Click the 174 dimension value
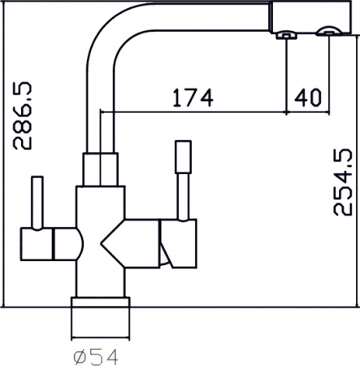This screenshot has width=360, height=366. click(193, 98)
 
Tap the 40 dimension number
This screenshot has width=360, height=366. click(308, 98)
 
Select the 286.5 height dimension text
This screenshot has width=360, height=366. click(23, 115)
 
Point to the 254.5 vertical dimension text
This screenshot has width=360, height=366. click(343, 182)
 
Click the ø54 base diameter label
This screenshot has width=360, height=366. click(96, 357)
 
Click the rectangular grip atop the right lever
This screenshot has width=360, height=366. click(184, 157)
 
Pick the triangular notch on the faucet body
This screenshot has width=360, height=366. click(112, 243)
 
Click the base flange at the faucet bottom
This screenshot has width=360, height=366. click(101, 303)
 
